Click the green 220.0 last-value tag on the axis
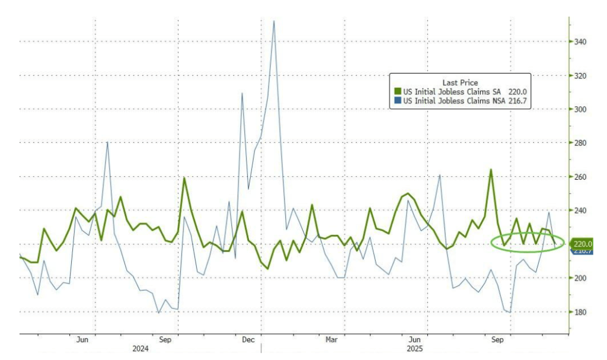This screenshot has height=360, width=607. [x=582, y=244]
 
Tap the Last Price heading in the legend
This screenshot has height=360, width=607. [x=460, y=82]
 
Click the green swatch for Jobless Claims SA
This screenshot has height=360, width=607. [x=398, y=92]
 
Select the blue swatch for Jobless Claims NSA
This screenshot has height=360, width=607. [x=398, y=101]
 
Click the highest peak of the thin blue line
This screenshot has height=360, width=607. [x=273, y=21]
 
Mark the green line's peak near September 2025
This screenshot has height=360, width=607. [x=491, y=170]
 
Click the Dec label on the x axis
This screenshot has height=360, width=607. [x=248, y=340]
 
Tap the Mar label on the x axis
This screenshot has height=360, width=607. [x=331, y=340]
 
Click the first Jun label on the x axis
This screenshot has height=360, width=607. [x=82, y=340]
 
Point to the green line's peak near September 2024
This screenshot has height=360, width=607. [x=184, y=178]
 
